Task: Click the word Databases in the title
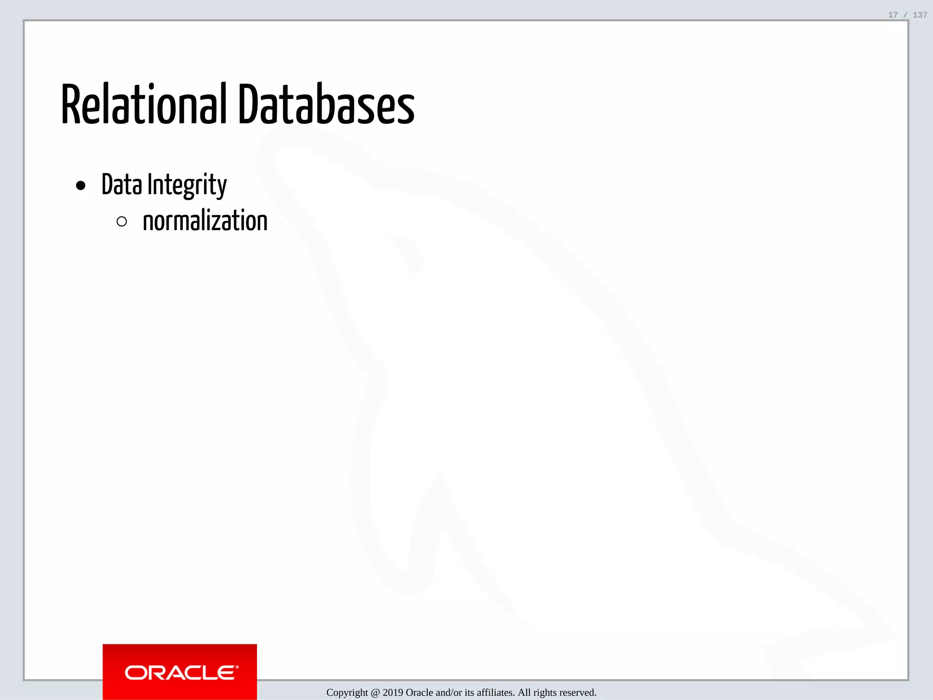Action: (x=326, y=105)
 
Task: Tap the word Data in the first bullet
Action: (x=122, y=185)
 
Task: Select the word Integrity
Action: (x=187, y=185)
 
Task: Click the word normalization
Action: (x=205, y=221)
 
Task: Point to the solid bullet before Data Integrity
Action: (x=81, y=185)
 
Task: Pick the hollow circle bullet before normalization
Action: (x=122, y=222)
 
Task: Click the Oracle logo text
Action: (x=180, y=673)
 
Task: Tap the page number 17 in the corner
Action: (x=893, y=15)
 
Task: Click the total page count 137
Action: (x=920, y=15)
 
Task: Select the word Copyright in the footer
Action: (x=347, y=693)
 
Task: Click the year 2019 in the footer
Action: (x=393, y=693)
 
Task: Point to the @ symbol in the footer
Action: (x=375, y=693)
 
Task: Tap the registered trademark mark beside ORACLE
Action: (x=237, y=667)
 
